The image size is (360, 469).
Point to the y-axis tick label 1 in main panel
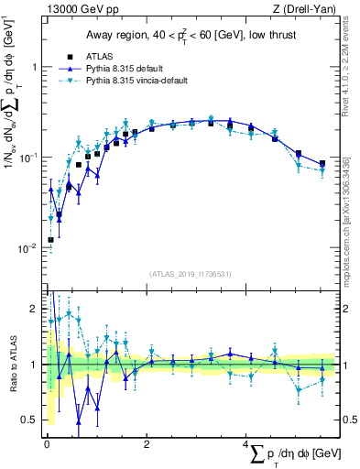[x=34, y=67]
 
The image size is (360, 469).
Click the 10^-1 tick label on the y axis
[x=29, y=158]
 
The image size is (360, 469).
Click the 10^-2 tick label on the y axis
[x=29, y=248]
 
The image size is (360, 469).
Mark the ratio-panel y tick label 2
[x=34, y=309]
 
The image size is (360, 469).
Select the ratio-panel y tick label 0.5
[x=30, y=420]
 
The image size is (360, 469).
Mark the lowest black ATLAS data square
[x=50, y=240]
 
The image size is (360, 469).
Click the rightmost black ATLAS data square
[x=322, y=164]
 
